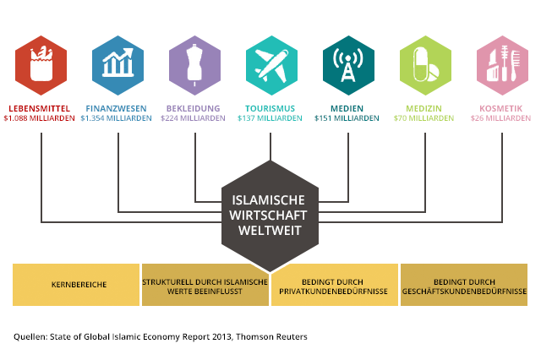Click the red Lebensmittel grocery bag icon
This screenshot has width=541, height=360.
click(x=41, y=65)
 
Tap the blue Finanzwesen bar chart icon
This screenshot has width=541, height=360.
click(x=118, y=65)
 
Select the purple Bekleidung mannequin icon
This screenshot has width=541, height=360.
click(x=195, y=65)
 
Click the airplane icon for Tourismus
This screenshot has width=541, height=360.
click(x=271, y=65)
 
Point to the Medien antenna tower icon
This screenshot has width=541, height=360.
click(x=348, y=65)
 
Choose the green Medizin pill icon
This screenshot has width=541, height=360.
click(x=424, y=65)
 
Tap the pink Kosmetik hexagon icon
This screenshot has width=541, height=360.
click(x=501, y=65)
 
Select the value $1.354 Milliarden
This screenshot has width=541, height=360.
click(x=117, y=118)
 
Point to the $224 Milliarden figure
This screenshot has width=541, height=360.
click(x=193, y=118)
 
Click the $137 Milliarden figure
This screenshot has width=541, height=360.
click(x=270, y=118)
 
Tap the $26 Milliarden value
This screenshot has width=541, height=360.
click(x=500, y=118)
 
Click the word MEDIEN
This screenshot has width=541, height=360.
click(x=347, y=109)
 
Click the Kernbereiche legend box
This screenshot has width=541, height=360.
click(x=76, y=285)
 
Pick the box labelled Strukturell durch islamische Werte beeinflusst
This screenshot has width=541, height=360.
click(x=205, y=285)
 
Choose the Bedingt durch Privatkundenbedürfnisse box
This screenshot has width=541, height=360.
click(x=335, y=285)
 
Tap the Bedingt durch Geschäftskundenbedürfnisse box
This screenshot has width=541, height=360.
click(x=464, y=285)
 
